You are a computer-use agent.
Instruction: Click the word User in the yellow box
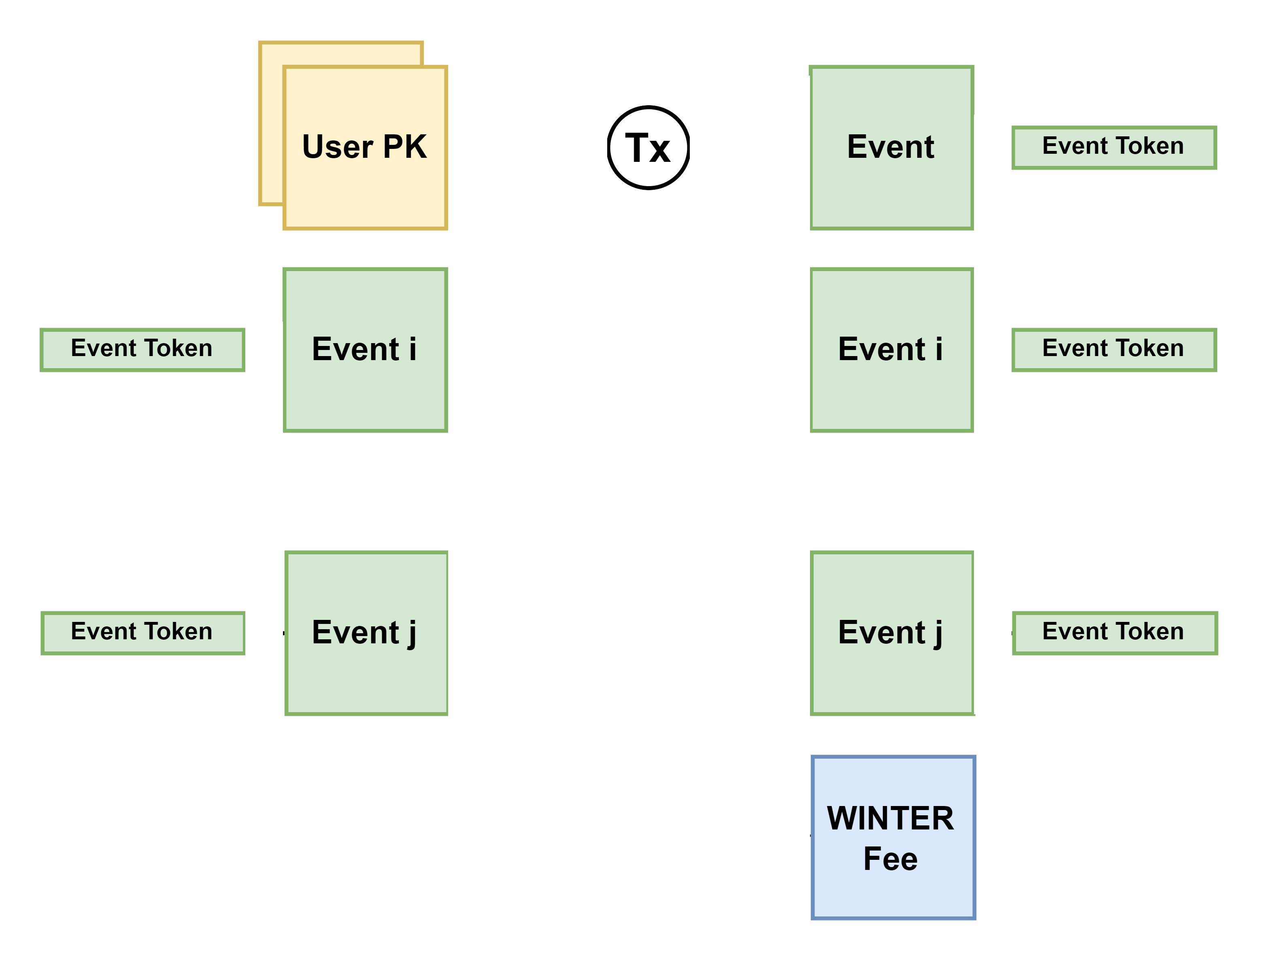tap(338, 147)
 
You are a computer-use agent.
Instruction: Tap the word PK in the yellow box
tap(405, 147)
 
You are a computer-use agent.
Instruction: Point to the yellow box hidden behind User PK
tap(272, 123)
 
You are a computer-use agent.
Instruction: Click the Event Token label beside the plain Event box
tap(1113, 147)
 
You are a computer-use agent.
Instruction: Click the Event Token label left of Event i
tap(142, 349)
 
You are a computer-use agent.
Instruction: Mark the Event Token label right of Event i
tap(1113, 349)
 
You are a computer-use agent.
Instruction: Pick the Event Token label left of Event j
tap(142, 632)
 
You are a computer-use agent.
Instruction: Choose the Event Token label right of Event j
tap(1113, 632)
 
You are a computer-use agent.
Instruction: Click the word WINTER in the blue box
tap(890, 818)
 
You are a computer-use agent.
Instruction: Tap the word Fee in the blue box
tap(890, 859)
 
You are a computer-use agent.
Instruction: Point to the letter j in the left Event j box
tap(412, 634)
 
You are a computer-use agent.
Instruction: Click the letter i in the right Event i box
tap(938, 349)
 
